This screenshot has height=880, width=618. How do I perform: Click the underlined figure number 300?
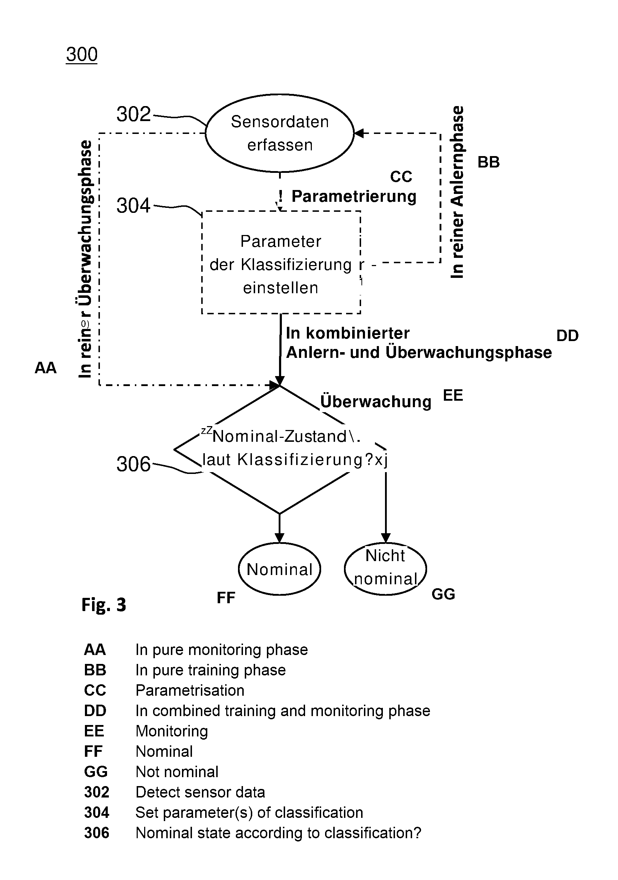coord(82,54)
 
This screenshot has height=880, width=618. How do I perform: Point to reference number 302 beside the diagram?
coord(134,114)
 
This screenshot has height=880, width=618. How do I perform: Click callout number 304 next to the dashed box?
coord(134,205)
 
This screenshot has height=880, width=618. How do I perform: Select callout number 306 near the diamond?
coord(134,464)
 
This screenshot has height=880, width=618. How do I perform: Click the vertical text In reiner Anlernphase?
coord(457,192)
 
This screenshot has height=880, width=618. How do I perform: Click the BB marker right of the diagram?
coord(488,162)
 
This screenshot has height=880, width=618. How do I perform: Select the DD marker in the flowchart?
coord(567,336)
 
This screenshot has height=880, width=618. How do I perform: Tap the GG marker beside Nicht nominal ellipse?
coord(444,594)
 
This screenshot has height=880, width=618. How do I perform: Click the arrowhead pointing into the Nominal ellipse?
coord(279,538)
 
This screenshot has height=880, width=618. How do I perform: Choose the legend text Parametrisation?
coord(190,690)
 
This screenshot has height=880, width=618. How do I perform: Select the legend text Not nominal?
coord(177,771)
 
